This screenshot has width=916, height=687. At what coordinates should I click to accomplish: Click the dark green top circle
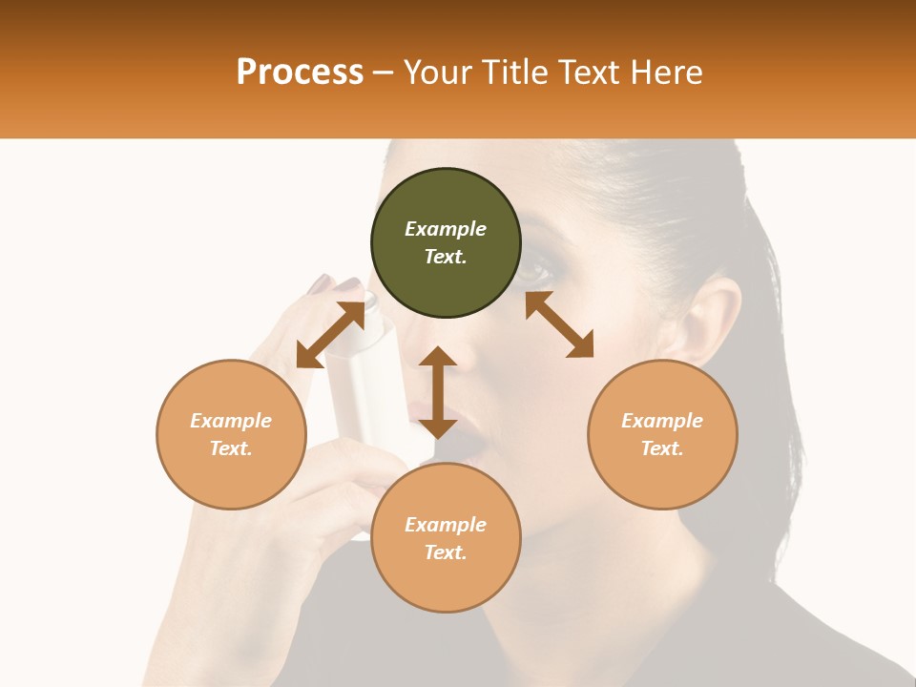446,243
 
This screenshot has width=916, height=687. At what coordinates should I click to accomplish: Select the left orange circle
231,434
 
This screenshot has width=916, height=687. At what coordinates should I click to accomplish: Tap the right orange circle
662,434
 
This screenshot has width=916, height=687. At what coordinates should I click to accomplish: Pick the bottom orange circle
446,538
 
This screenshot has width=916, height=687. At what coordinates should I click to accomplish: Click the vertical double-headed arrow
438,392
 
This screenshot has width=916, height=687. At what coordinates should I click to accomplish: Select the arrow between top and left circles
330,335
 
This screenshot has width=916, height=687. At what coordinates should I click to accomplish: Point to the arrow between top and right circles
559,324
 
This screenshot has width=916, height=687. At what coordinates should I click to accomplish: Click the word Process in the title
300,73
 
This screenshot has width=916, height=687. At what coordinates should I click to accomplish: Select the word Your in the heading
436,73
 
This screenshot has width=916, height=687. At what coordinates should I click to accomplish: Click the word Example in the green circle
446,229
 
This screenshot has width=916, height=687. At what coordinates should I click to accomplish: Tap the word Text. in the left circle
231,448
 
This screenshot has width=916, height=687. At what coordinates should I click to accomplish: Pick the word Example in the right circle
662,421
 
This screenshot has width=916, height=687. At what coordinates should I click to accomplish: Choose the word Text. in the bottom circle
446,552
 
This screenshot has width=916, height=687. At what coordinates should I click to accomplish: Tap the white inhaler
367,382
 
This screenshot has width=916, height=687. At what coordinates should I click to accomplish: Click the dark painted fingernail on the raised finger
320,283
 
